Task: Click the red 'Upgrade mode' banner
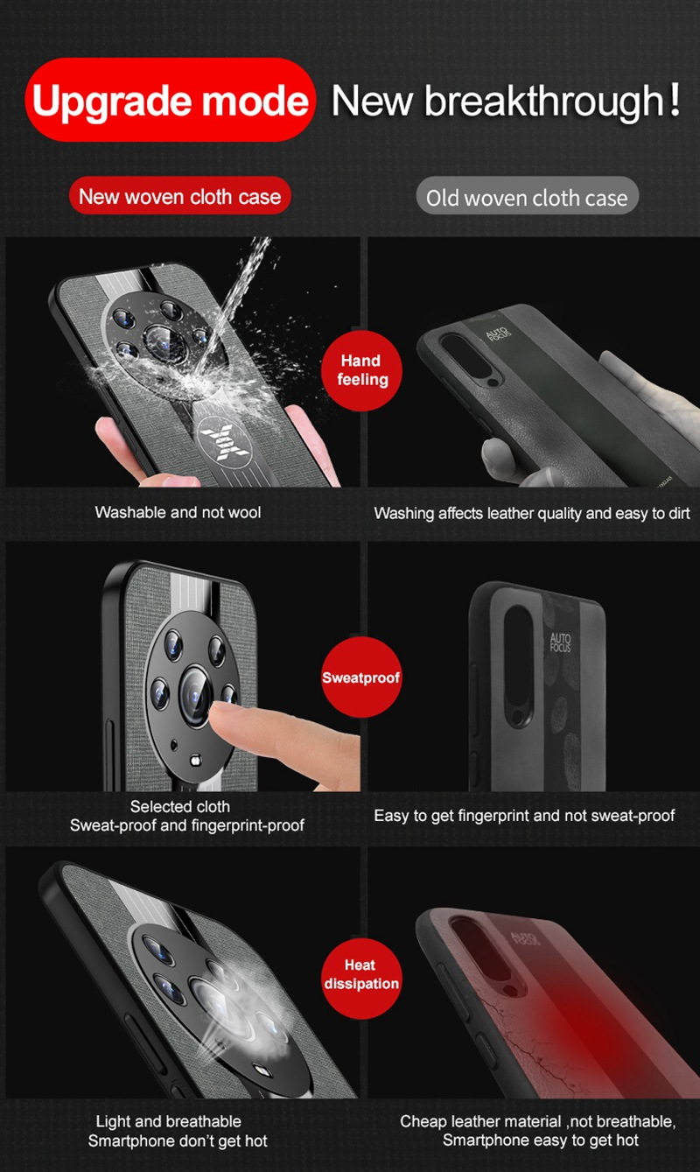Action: (170, 100)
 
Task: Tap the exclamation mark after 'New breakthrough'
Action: (675, 99)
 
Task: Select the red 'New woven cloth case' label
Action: (180, 196)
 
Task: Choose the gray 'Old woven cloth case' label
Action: (528, 197)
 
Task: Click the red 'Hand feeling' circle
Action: (361, 370)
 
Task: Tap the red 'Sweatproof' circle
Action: (361, 677)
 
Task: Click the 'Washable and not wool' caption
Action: (178, 512)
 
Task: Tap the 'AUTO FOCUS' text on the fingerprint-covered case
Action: (560, 642)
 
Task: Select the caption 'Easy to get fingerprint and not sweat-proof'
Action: (524, 816)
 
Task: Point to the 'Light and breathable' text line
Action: (169, 1121)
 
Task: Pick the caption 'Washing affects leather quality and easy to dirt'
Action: (532, 513)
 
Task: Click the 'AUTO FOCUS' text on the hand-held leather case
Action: (497, 333)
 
